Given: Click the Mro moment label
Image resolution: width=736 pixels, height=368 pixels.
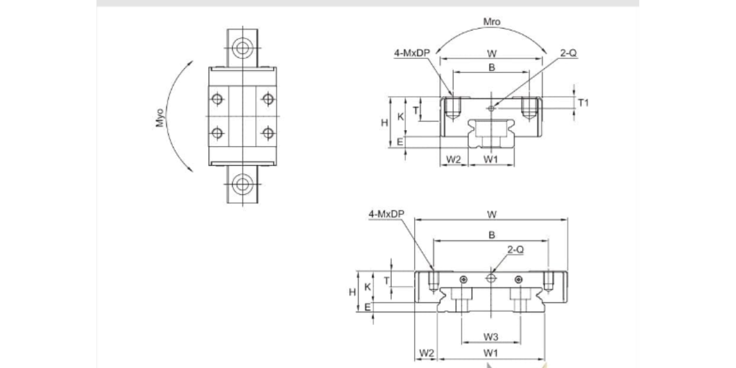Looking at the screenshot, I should click(x=492, y=22).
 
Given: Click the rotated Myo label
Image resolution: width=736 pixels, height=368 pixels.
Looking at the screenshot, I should click(x=160, y=117).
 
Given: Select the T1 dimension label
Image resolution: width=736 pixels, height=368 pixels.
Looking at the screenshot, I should click(x=583, y=103).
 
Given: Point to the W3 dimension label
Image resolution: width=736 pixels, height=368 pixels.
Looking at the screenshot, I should click(x=491, y=336).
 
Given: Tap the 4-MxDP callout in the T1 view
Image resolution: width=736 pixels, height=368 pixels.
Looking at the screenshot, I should click(x=412, y=53).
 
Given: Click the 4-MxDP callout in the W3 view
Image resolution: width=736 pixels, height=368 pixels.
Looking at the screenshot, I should click(x=386, y=214).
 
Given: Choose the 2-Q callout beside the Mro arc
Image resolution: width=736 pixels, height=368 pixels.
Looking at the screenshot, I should click(x=568, y=53).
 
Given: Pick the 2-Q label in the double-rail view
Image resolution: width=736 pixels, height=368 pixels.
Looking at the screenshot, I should click(x=515, y=250).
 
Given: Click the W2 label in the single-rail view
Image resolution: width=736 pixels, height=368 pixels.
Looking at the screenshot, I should click(x=453, y=159).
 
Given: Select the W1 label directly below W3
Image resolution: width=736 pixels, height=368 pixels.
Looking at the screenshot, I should click(x=491, y=353).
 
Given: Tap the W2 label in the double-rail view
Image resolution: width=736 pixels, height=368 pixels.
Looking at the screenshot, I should click(x=426, y=353).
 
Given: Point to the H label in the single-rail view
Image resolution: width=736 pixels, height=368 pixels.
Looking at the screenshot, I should click(x=385, y=123).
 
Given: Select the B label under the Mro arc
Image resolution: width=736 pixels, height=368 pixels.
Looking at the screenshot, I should click(x=491, y=67).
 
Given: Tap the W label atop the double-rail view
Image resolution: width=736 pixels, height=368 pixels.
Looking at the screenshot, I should click(x=491, y=214).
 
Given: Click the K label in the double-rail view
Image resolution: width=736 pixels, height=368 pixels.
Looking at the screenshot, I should click(x=367, y=286).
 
